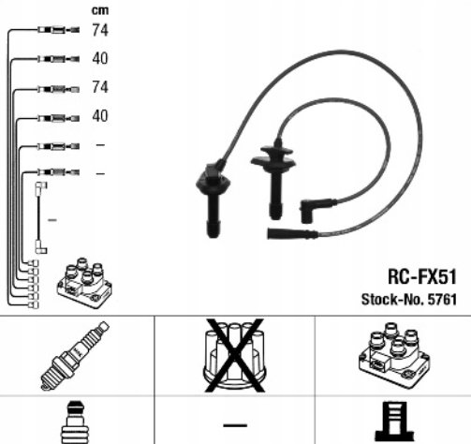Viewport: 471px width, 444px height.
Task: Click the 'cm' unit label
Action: (100, 10)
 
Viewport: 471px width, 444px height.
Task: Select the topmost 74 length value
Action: (100, 30)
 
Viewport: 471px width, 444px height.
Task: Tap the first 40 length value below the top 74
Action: (100, 58)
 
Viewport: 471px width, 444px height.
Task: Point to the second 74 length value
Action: (100, 87)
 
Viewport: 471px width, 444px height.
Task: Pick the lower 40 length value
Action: (100, 116)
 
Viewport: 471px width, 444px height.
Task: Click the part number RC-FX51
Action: (422, 276)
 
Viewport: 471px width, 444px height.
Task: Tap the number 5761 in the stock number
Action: (442, 300)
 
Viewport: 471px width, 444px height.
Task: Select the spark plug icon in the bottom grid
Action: (75, 356)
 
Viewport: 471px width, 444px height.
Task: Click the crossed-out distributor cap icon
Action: (235, 356)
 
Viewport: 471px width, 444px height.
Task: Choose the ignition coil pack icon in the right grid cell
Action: (394, 356)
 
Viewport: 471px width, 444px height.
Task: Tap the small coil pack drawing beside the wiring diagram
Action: (84, 283)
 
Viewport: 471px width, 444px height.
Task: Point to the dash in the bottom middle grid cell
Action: (235, 425)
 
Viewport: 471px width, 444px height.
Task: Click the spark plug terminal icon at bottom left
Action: (75, 422)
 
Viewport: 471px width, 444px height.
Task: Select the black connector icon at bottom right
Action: (395, 422)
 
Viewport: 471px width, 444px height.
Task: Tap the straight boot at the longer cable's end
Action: (292, 233)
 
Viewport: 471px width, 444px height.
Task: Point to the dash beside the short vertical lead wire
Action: (52, 220)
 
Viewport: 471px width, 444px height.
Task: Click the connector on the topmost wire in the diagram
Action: (58, 30)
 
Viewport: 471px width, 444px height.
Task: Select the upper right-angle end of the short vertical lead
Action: (41, 187)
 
